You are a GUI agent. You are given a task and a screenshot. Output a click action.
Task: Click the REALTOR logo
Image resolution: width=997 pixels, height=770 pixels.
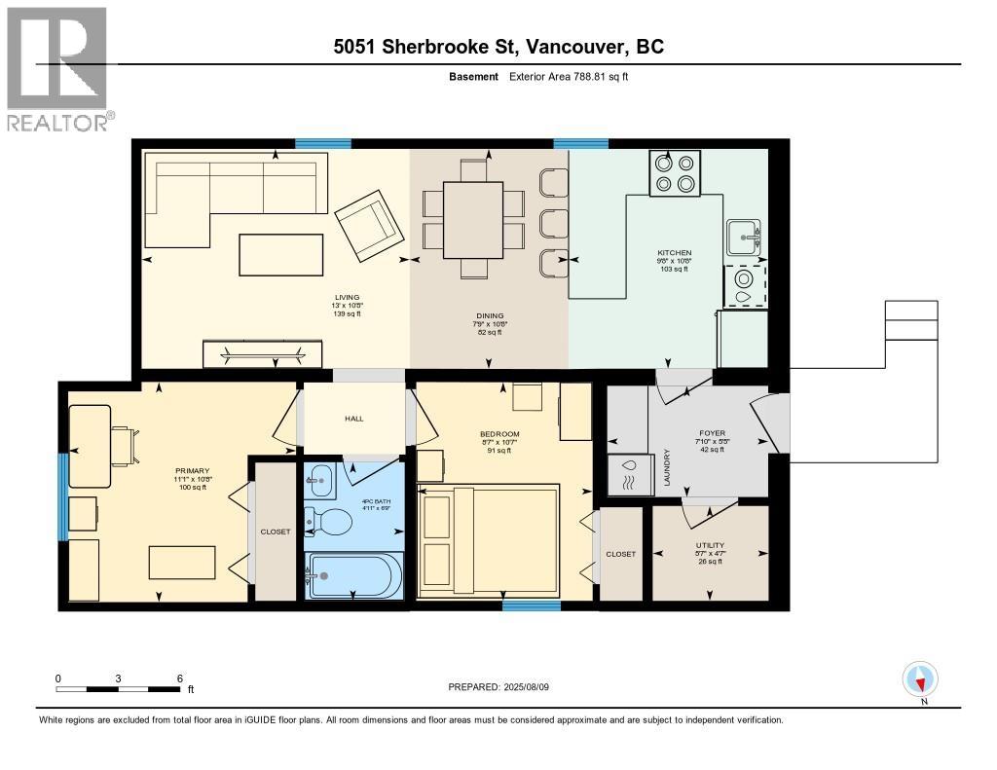pyautogui.click(x=57, y=68)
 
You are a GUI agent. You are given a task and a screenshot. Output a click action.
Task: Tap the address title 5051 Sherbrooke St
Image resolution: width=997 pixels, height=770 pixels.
pyautogui.click(x=498, y=47)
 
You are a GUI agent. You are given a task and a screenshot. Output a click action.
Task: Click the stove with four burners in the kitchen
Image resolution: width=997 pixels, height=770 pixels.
pyautogui.click(x=676, y=173)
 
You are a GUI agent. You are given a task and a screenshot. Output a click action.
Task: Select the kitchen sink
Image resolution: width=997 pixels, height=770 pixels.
pyautogui.click(x=745, y=236)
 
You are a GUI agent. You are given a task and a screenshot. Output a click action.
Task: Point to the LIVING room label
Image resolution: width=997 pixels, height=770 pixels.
pyautogui.click(x=348, y=298)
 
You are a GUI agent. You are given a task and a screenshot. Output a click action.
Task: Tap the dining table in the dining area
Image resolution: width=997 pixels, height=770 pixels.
pyautogui.click(x=472, y=220)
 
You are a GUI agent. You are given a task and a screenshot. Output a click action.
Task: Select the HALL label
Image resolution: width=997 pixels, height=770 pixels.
pyautogui.click(x=353, y=419)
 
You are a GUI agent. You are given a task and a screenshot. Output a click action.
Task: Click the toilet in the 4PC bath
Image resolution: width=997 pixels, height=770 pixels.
pyautogui.click(x=330, y=523)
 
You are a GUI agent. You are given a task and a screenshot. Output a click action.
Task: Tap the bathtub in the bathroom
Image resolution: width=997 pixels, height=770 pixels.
pyautogui.click(x=353, y=575)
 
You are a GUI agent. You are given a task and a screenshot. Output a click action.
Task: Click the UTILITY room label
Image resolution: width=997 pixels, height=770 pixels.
pyautogui.click(x=710, y=546)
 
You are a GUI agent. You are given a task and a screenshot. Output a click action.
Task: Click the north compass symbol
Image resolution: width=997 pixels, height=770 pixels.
pyautogui.click(x=920, y=678)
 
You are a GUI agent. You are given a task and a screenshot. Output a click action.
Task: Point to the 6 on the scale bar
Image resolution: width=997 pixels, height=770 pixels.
pyautogui.click(x=179, y=678)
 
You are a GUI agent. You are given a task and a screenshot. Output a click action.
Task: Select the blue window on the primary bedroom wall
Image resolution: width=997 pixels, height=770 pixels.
pyautogui.click(x=62, y=496)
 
